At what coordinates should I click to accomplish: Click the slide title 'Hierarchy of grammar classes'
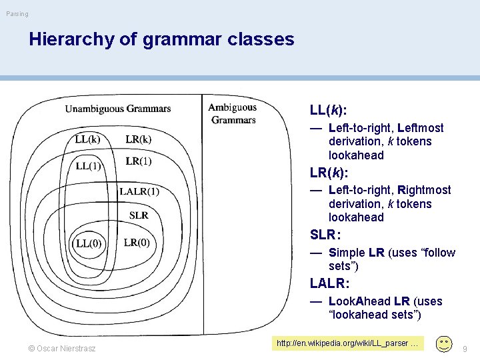click(x=161, y=39)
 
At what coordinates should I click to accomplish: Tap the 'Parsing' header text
click(x=17, y=14)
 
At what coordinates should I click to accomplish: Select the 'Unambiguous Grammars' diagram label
click(x=117, y=109)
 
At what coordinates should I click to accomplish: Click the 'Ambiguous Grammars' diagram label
click(x=233, y=113)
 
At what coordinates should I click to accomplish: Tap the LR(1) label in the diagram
click(x=138, y=161)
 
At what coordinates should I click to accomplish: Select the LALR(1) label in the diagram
click(x=139, y=192)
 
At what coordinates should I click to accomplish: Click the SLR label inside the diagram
click(x=139, y=215)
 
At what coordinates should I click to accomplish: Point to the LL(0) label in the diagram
click(x=89, y=243)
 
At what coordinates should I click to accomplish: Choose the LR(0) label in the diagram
click(x=137, y=242)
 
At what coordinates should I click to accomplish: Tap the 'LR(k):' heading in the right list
click(x=329, y=172)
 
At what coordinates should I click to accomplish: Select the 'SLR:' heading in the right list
click(x=325, y=235)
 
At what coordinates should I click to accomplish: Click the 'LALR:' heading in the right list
click(x=329, y=283)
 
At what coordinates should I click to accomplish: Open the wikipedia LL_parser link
click(x=347, y=343)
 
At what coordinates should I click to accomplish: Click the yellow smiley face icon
click(x=443, y=344)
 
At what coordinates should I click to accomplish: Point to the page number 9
click(x=465, y=348)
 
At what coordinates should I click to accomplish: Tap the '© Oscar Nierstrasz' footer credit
click(x=61, y=348)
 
